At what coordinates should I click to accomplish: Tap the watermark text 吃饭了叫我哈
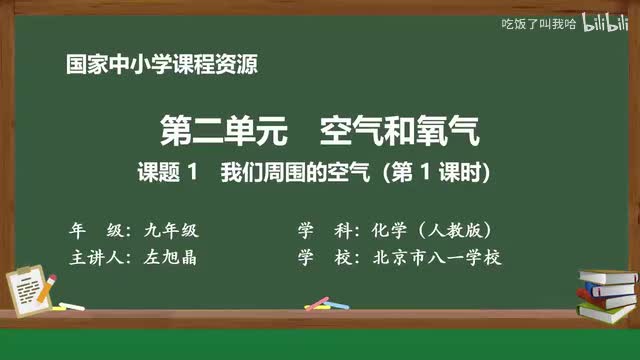(x=537, y=23)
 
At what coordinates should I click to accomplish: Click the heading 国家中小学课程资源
(x=161, y=65)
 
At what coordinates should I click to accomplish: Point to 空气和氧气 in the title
(x=400, y=130)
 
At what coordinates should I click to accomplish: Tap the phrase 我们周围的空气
(x=292, y=171)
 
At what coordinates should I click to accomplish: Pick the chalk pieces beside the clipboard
(x=72, y=304)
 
